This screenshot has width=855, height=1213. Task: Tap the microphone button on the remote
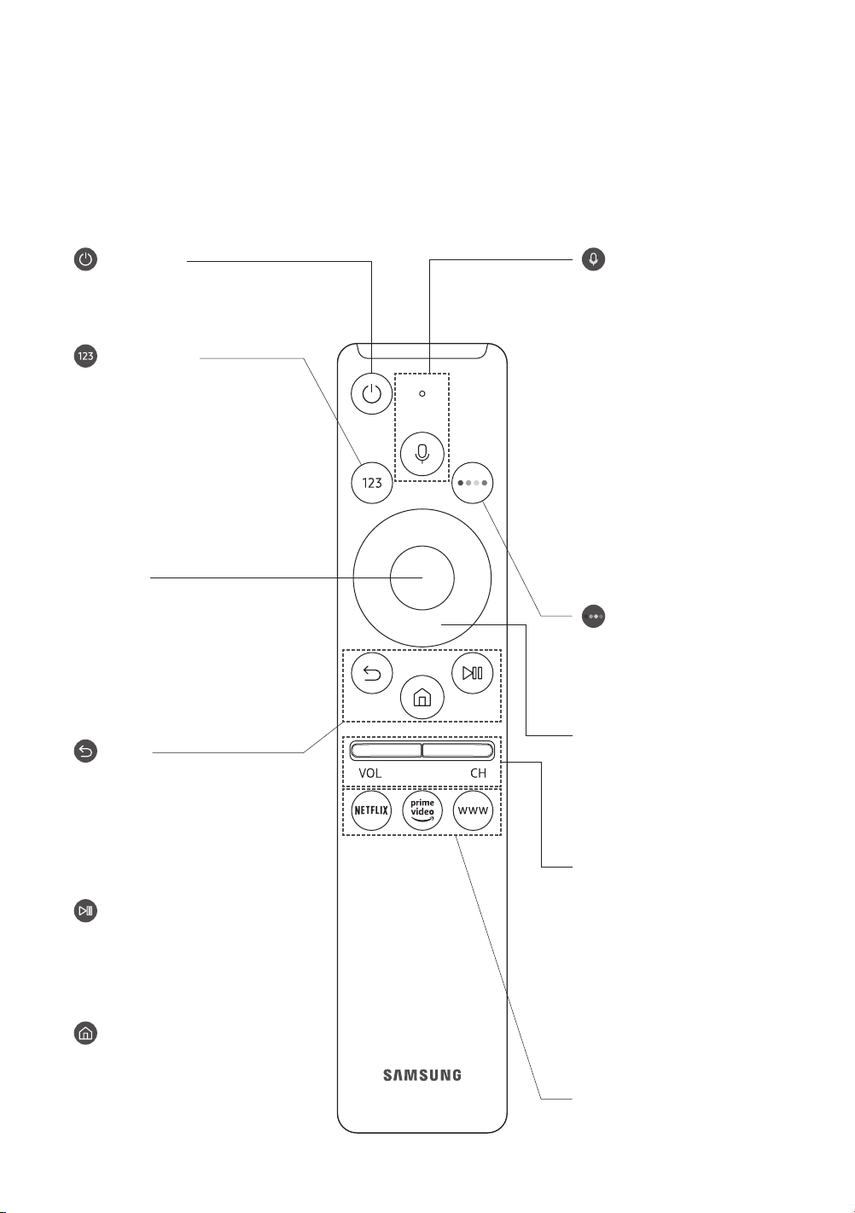422,453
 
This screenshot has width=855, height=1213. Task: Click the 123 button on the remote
372,483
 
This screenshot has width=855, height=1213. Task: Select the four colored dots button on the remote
473,483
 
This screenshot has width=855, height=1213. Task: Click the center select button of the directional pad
422,577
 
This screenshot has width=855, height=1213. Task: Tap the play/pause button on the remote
473,673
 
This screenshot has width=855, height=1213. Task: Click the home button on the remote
422,698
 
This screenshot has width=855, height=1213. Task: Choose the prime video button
422,810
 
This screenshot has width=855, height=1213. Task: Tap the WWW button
473,810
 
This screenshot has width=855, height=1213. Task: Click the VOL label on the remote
370,774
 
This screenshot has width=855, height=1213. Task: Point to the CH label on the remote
479,774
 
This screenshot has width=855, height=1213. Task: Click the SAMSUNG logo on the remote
422,1075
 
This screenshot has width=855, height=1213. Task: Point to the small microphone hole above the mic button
422,394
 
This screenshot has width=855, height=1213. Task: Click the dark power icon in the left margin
85,258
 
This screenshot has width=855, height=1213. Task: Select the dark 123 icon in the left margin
85,356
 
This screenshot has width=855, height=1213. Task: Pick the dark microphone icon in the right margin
593,258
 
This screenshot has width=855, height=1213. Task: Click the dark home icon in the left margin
85,1033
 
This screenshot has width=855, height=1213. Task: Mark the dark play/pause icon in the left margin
85,910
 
